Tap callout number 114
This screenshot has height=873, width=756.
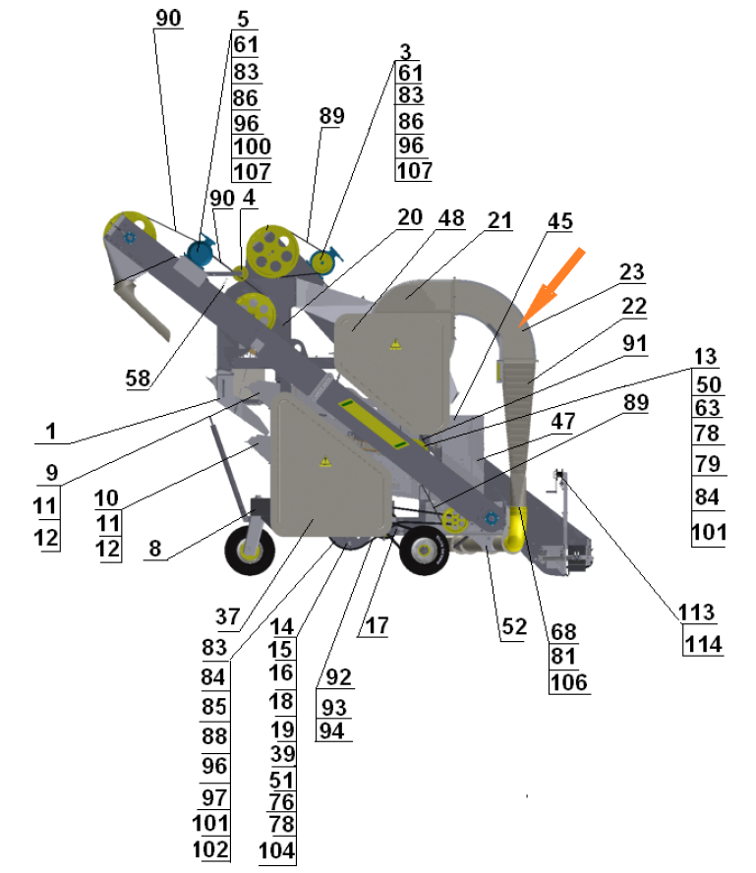(x=704, y=645)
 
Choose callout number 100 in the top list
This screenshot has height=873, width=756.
(x=252, y=147)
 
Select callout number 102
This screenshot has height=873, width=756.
(x=211, y=849)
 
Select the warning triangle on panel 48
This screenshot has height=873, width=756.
(x=394, y=345)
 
